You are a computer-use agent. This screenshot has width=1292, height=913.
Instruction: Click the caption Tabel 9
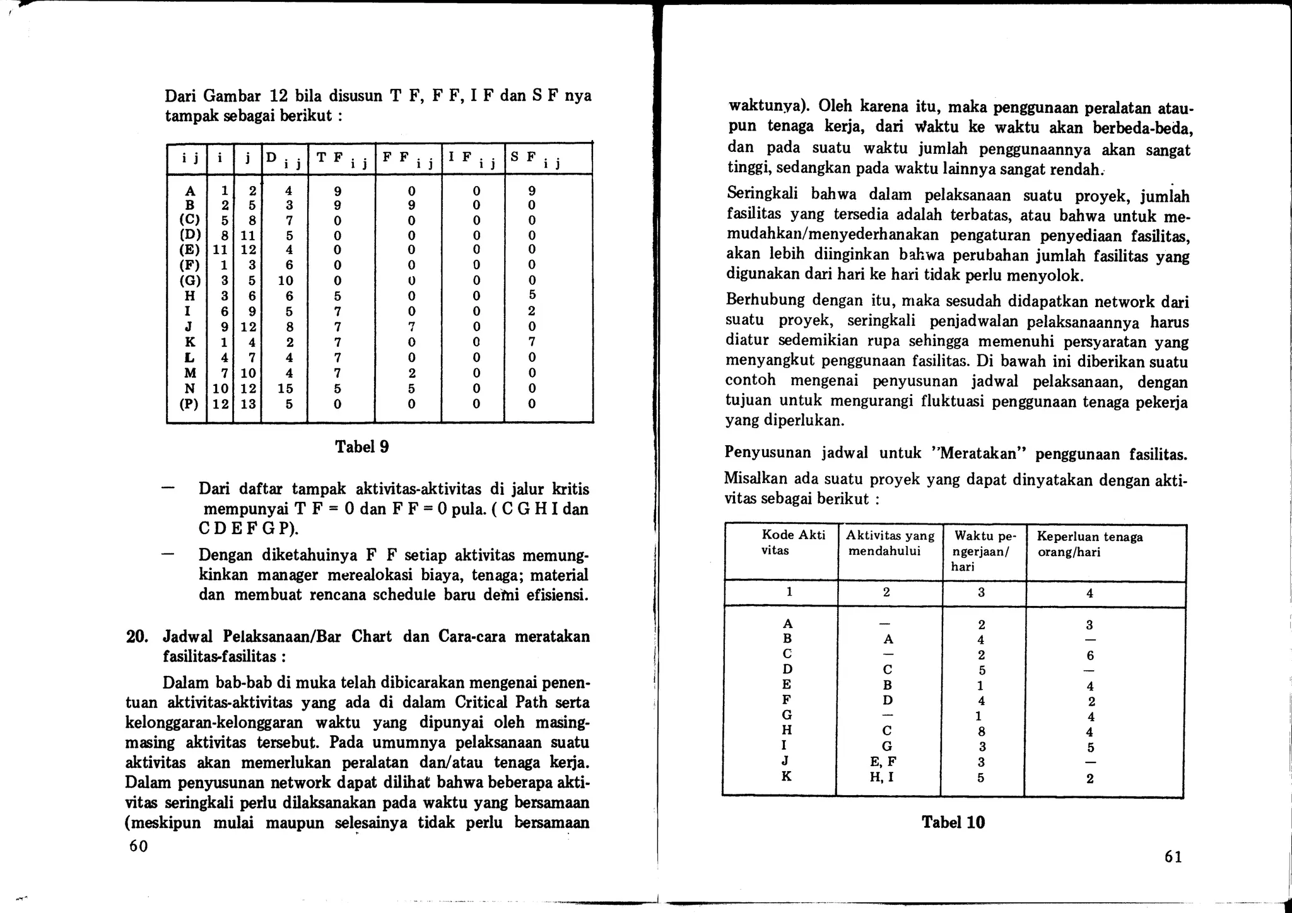[x=361, y=447]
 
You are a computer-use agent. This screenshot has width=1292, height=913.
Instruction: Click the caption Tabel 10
[x=953, y=822]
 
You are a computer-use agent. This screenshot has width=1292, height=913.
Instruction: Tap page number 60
[x=138, y=846]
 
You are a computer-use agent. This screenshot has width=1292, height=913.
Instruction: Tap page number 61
[x=1173, y=856]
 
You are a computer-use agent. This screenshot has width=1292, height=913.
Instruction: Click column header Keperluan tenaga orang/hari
[x=1089, y=544]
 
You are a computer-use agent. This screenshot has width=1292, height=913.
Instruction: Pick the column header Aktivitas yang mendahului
[x=890, y=543]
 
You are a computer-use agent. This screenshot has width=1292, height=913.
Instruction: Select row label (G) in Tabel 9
[x=190, y=281]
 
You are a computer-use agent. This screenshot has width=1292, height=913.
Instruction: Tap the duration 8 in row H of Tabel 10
[x=981, y=732]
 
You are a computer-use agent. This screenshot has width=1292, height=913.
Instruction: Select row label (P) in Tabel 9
[x=190, y=404]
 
